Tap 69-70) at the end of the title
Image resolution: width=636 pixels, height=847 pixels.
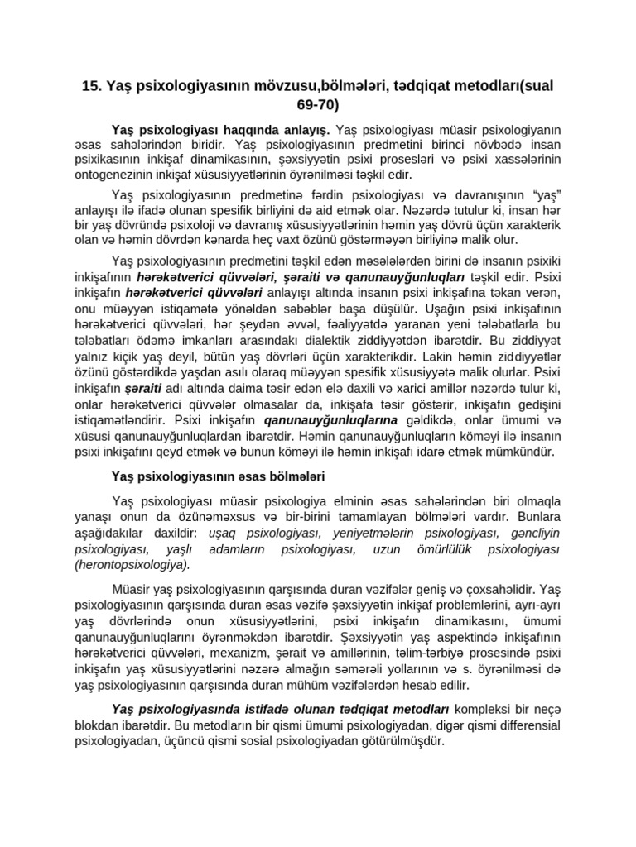pyautogui.click(x=317, y=105)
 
